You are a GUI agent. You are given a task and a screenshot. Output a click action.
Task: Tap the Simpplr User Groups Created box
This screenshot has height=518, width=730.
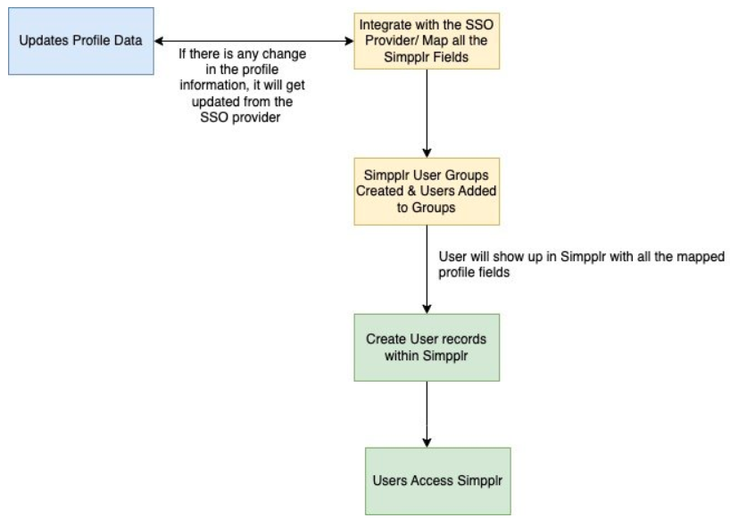click(x=428, y=193)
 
